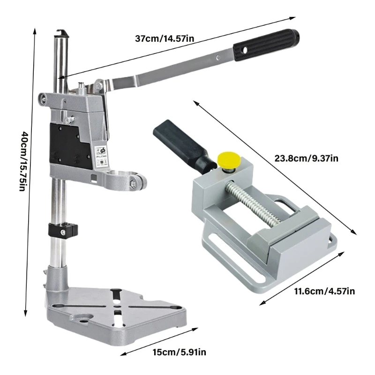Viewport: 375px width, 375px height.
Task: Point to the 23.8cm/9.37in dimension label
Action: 306,158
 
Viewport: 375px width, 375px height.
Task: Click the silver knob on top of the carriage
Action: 82,87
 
